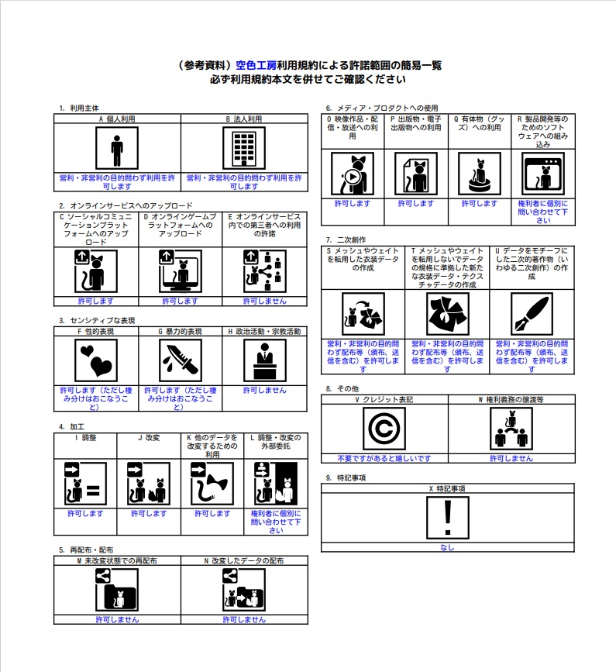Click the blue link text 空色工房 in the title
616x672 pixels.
click(x=256, y=66)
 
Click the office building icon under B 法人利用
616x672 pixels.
click(x=244, y=148)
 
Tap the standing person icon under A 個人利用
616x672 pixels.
click(x=117, y=148)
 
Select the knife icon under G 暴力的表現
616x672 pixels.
click(x=181, y=360)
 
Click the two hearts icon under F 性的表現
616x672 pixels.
click(x=96, y=360)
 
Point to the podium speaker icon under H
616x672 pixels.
click(x=265, y=360)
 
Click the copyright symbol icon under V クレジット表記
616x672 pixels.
click(x=384, y=429)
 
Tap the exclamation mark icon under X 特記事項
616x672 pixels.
click(x=448, y=518)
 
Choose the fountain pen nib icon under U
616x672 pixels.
click(x=532, y=314)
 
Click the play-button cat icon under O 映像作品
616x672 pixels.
click(x=352, y=174)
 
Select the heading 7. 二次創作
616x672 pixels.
click(x=346, y=240)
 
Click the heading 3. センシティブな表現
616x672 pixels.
click(x=97, y=321)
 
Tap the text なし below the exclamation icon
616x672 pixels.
click(x=447, y=547)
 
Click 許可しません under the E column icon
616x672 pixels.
click(x=265, y=301)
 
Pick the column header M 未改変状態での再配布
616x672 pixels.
click(x=117, y=560)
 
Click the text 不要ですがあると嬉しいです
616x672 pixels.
click(x=384, y=459)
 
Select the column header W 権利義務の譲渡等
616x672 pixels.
click(x=511, y=399)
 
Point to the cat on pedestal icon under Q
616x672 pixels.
click(x=480, y=174)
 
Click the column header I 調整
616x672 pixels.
click(x=86, y=438)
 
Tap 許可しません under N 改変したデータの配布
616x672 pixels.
click(x=244, y=620)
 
